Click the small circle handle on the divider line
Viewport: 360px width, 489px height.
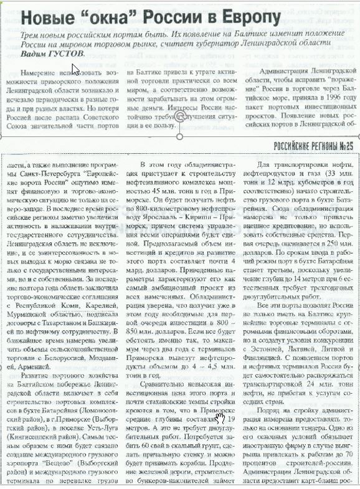[x=180, y=136]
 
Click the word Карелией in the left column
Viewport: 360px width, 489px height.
[x=82, y=298]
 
